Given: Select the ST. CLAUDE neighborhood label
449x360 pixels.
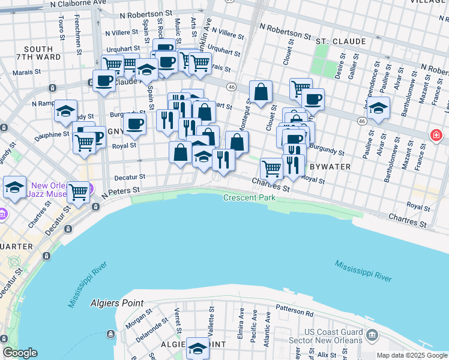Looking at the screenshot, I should (x=341, y=41).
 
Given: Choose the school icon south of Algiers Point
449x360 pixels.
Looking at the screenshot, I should (x=197, y=347).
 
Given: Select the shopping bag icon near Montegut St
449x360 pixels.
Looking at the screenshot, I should (x=261, y=92).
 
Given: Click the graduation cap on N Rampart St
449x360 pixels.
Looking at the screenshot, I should (x=65, y=111).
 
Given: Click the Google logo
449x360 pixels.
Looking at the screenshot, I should (x=20, y=353).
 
